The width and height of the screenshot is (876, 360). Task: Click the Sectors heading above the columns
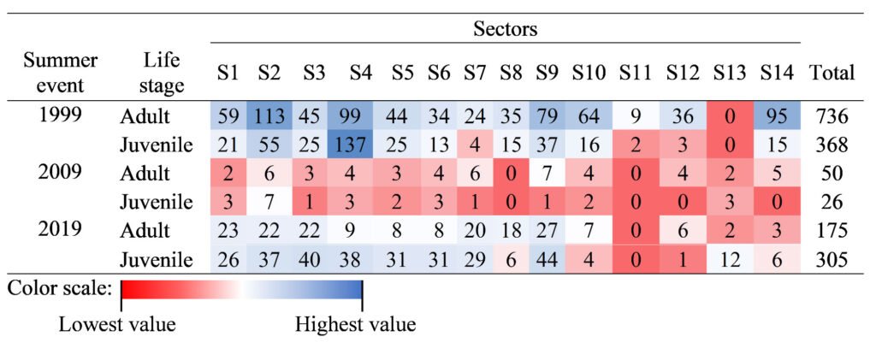pos(505,29)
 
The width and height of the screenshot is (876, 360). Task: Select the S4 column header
pos(360,74)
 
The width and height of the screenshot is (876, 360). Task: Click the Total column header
pos(832,74)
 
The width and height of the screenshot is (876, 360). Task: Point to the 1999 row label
pos(60,115)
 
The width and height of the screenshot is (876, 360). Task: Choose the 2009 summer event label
pos(60,173)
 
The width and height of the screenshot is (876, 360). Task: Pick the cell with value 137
pos(360,144)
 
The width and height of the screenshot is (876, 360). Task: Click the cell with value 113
pos(269,115)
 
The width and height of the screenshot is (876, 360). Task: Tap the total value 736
pos(832,115)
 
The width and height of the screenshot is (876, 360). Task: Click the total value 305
pos(832,260)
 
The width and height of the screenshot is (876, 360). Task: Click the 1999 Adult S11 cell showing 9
pos(635,115)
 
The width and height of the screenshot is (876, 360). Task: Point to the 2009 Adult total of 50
pos(832,173)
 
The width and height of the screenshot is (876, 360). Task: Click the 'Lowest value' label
pos(117,325)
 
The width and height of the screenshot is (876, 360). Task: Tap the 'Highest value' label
pos(355,325)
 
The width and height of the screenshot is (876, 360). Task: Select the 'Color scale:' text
pos(60,288)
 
